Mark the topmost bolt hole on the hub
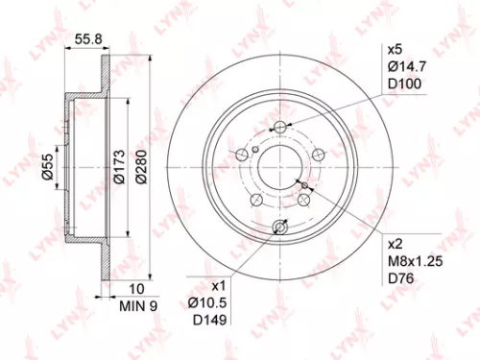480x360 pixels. [279, 128]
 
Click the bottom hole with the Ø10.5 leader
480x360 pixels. [279, 227]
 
